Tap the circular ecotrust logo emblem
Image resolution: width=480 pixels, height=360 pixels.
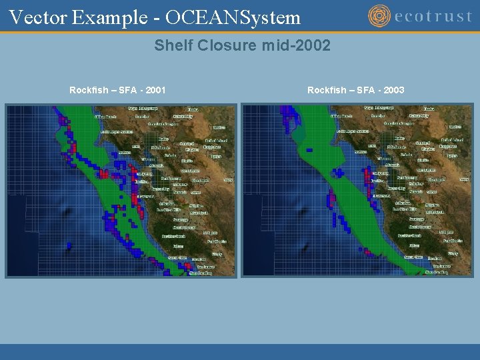[379, 16]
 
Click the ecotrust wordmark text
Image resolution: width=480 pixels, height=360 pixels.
[433, 17]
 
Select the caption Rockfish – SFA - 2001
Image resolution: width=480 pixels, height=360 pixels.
[117, 90]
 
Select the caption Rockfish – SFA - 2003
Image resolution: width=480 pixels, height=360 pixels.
[355, 90]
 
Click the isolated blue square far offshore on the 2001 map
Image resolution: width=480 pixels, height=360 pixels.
[69, 245]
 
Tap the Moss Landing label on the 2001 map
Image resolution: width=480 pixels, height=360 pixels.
[200, 273]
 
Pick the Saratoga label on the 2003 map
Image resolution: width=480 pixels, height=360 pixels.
[416, 219]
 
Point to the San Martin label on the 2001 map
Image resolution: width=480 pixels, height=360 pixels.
[213, 241]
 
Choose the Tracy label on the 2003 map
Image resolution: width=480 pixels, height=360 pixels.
[452, 156]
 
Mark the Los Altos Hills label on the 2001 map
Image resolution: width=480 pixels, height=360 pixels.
[169, 209]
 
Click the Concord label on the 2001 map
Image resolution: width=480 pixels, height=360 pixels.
[187, 144]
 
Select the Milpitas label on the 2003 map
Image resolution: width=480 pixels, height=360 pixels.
[432, 205]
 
